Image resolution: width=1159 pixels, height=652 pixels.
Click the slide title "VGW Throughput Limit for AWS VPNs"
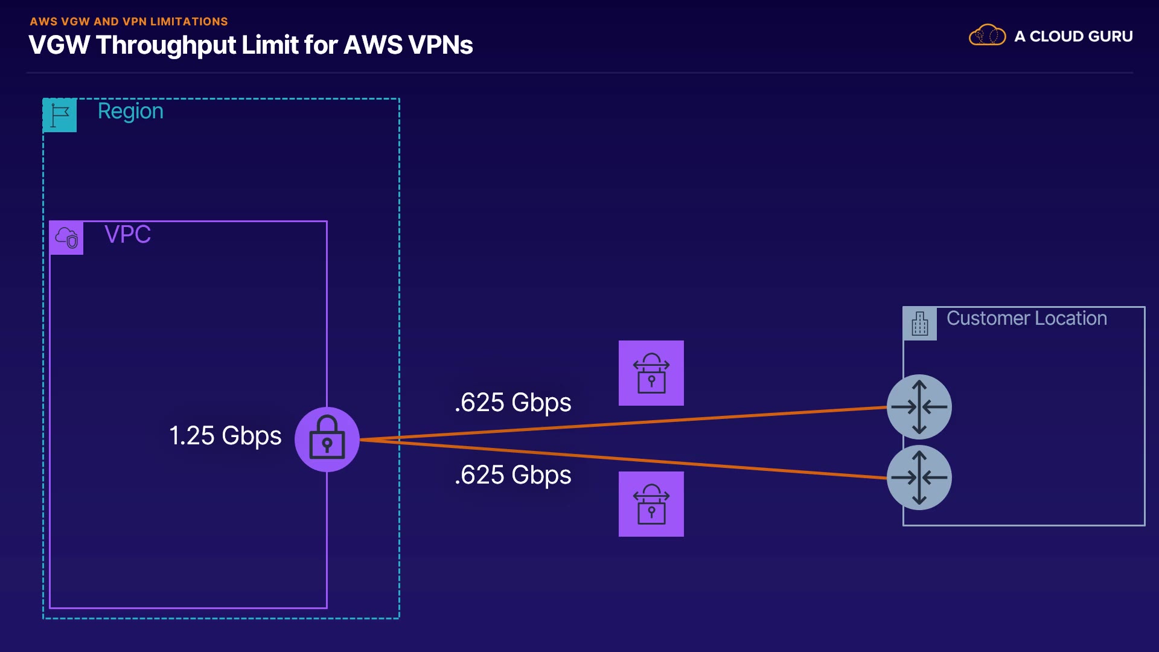tap(251, 45)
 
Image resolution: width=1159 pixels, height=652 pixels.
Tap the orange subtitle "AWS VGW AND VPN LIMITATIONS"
tap(129, 22)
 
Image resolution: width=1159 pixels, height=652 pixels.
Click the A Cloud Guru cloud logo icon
tap(987, 36)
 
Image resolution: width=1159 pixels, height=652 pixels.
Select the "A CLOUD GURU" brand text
tap(1073, 36)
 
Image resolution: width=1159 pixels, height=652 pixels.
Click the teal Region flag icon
tap(60, 115)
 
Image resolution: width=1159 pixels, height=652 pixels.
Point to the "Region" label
tap(130, 111)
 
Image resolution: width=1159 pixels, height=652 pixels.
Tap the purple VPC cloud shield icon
tap(66, 238)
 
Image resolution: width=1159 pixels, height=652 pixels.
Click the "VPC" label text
tap(127, 234)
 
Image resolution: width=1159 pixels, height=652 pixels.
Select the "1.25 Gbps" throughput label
tap(225, 436)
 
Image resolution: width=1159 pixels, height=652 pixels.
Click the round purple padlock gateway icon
tap(327, 439)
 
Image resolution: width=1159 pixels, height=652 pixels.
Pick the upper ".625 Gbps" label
tap(512, 403)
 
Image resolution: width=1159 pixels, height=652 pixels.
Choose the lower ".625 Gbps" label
tap(512, 475)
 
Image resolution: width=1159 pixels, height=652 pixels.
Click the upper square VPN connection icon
tap(651, 373)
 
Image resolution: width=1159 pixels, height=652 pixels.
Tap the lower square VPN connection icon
tap(651, 504)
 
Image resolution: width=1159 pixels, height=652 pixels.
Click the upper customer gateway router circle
tap(919, 407)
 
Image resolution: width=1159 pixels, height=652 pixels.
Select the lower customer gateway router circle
tap(919, 478)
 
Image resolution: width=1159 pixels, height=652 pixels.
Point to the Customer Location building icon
tap(920, 324)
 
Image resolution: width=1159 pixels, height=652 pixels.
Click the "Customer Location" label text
tap(1026, 318)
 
